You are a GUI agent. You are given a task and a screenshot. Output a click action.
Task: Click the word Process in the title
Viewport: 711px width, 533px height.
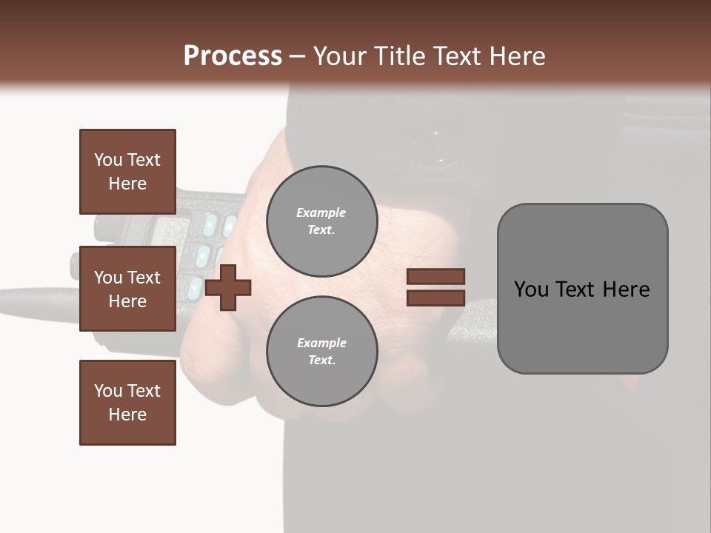point(233,56)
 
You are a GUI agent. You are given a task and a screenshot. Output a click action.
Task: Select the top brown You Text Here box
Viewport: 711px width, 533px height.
point(127,172)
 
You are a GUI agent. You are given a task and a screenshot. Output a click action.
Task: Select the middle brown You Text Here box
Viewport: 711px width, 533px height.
point(127,289)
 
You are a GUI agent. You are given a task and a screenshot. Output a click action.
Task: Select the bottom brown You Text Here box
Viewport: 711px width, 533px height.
point(127,403)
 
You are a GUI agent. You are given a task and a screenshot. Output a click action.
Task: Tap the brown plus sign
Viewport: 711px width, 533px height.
point(228,287)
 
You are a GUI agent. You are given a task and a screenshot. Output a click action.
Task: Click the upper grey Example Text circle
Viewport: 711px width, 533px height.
point(321,221)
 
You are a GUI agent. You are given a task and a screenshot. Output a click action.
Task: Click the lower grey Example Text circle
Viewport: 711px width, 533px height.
point(321,351)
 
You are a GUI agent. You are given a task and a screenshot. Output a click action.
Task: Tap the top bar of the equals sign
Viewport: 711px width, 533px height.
point(435,277)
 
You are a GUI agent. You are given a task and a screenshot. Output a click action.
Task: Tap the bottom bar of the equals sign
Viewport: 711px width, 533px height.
point(435,298)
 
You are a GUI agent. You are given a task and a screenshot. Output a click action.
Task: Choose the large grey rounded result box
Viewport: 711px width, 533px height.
point(582,289)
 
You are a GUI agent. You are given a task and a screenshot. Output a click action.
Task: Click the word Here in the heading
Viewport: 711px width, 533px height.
point(518,56)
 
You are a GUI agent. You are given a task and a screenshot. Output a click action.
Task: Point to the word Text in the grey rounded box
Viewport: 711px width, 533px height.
point(578,289)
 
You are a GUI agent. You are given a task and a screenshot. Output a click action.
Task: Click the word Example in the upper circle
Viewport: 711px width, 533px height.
point(321,212)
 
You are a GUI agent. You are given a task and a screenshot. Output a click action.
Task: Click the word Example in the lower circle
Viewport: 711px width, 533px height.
point(321,343)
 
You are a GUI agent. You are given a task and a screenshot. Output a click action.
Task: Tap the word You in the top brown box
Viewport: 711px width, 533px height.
point(108,160)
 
